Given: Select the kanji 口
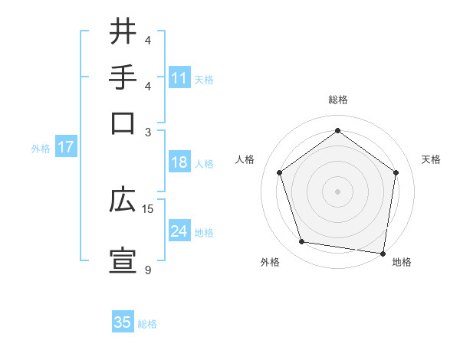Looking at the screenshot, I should pyautogui.click(x=123, y=123).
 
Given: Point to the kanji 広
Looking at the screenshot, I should pyautogui.click(x=123, y=201).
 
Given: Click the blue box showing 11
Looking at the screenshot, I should pyautogui.click(x=179, y=78).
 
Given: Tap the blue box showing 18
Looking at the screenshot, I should pyautogui.click(x=179, y=163).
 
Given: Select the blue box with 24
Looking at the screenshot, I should pyautogui.click(x=179, y=231).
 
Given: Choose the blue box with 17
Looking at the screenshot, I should pyautogui.click(x=65, y=147).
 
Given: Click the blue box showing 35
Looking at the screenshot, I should pyautogui.click(x=123, y=322).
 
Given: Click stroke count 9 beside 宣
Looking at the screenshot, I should pyautogui.click(x=148, y=270).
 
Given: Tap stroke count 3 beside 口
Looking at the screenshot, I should pyautogui.click(x=148, y=132).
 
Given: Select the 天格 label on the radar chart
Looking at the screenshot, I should pyautogui.click(x=431, y=159).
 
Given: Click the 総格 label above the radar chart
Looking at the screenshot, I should pyautogui.click(x=338, y=100).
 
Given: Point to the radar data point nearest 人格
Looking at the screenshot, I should pyautogui.click(x=279, y=172).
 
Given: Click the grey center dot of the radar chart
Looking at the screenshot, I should pyautogui.click(x=338, y=191).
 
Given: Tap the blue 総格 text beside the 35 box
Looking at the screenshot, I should pyautogui.click(x=147, y=324).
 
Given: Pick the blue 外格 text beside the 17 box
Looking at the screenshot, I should pyautogui.click(x=41, y=149).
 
